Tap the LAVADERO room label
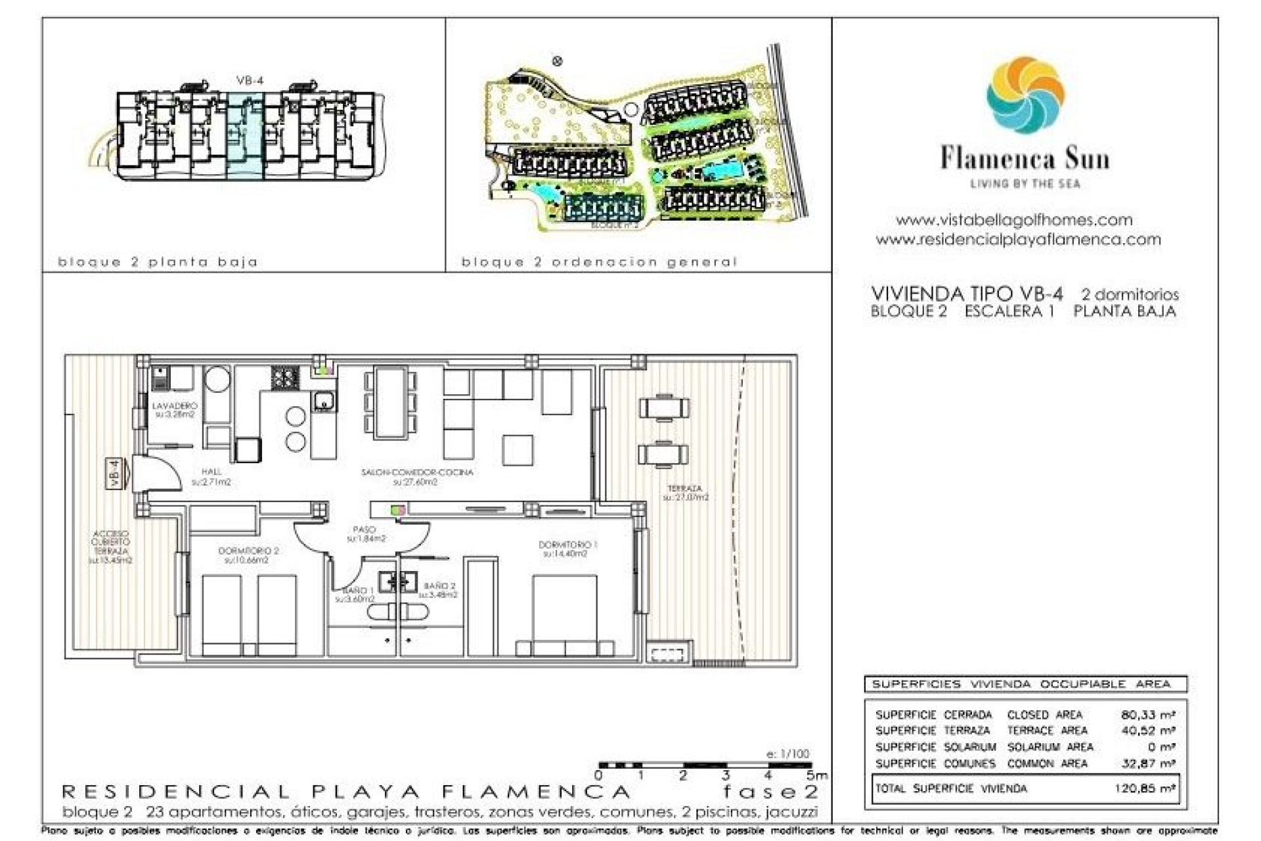[x=174, y=410]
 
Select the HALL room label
[x=211, y=476]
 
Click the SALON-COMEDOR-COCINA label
[x=416, y=476]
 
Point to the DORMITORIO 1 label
[x=567, y=549]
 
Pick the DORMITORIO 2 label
[x=248, y=555]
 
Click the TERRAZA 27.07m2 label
[x=685, y=493]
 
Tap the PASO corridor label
[x=365, y=534]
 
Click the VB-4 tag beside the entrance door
[x=115, y=473]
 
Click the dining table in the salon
[x=391, y=402]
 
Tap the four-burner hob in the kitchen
[x=285, y=378]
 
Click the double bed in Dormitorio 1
[x=565, y=614]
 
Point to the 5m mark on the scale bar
[x=816, y=775]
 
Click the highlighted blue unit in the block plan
[x=245, y=135]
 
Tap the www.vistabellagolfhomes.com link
[x=1014, y=220]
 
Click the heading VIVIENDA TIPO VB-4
[x=967, y=294]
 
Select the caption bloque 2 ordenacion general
[x=599, y=262]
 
